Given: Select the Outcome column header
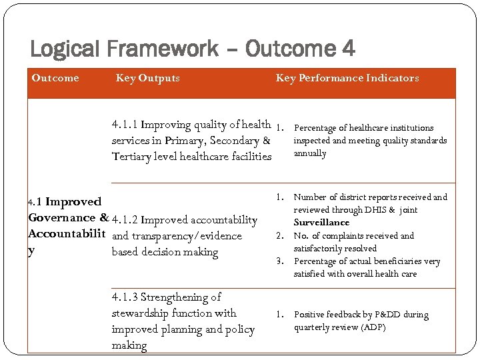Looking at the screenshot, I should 55,78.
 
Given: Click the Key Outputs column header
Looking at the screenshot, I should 147,78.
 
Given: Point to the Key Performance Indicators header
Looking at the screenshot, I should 347,78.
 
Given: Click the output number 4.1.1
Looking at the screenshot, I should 125,125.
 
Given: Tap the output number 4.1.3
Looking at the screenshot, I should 125,297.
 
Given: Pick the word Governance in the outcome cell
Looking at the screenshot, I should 62,217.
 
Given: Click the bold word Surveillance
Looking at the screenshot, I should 321,222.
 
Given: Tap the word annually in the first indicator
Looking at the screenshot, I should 310,153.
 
